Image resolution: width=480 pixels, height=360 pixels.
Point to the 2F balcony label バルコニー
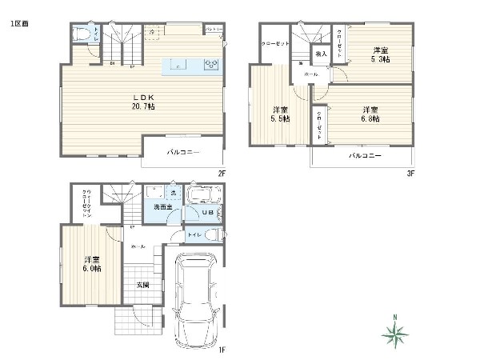pos(183,151)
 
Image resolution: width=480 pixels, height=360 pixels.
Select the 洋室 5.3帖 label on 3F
pos(380,54)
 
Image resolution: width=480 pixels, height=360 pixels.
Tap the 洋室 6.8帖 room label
pos(370,114)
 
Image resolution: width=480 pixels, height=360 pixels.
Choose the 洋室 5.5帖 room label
pos(280,114)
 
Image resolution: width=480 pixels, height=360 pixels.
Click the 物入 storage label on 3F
pos(321,55)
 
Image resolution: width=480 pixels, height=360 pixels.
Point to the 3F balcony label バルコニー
pos(364,155)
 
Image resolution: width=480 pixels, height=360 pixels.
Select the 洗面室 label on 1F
pos(162,207)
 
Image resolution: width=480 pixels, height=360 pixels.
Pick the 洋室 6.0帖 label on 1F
pos(90,264)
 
